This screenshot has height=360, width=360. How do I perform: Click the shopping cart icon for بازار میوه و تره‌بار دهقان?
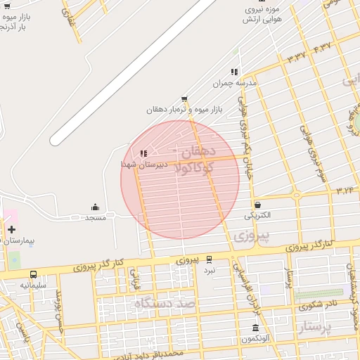point(184,98)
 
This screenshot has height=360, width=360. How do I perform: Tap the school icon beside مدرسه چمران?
point(234,72)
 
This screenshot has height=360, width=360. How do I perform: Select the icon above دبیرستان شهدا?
point(143,153)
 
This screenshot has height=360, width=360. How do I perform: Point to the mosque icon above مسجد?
point(96,207)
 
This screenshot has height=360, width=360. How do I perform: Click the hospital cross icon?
point(11,229)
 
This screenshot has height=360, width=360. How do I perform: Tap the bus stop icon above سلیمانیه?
point(34,274)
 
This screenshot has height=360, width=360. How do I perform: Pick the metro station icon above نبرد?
point(209,259)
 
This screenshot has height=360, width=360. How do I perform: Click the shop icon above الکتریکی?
point(257,205)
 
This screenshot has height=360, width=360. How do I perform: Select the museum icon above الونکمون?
point(255,328)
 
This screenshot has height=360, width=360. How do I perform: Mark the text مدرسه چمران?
point(236,83)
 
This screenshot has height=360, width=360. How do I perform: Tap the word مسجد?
point(96,218)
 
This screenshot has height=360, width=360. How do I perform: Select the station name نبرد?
point(210,270)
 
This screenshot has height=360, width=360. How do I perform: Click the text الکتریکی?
point(259,215)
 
